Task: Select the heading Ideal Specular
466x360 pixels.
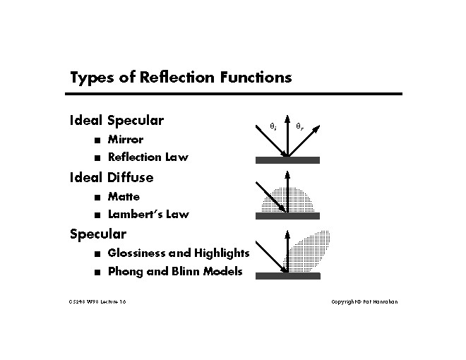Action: pos(116,120)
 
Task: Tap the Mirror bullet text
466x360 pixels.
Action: pos(125,139)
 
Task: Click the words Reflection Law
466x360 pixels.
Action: pos(148,157)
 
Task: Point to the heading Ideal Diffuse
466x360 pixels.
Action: pos(111,176)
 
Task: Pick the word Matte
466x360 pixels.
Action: pos(124,196)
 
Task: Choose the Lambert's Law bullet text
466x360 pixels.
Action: pos(148,214)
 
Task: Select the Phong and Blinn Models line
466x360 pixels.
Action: pos(175,271)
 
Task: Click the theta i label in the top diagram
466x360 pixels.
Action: pos(273,127)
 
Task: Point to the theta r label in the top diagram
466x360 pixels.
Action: pos(299,127)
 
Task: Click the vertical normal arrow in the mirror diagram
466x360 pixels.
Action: pos(287,134)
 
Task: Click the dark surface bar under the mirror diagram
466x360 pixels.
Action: pos(287,160)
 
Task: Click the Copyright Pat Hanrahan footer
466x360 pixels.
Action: pos(365,302)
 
